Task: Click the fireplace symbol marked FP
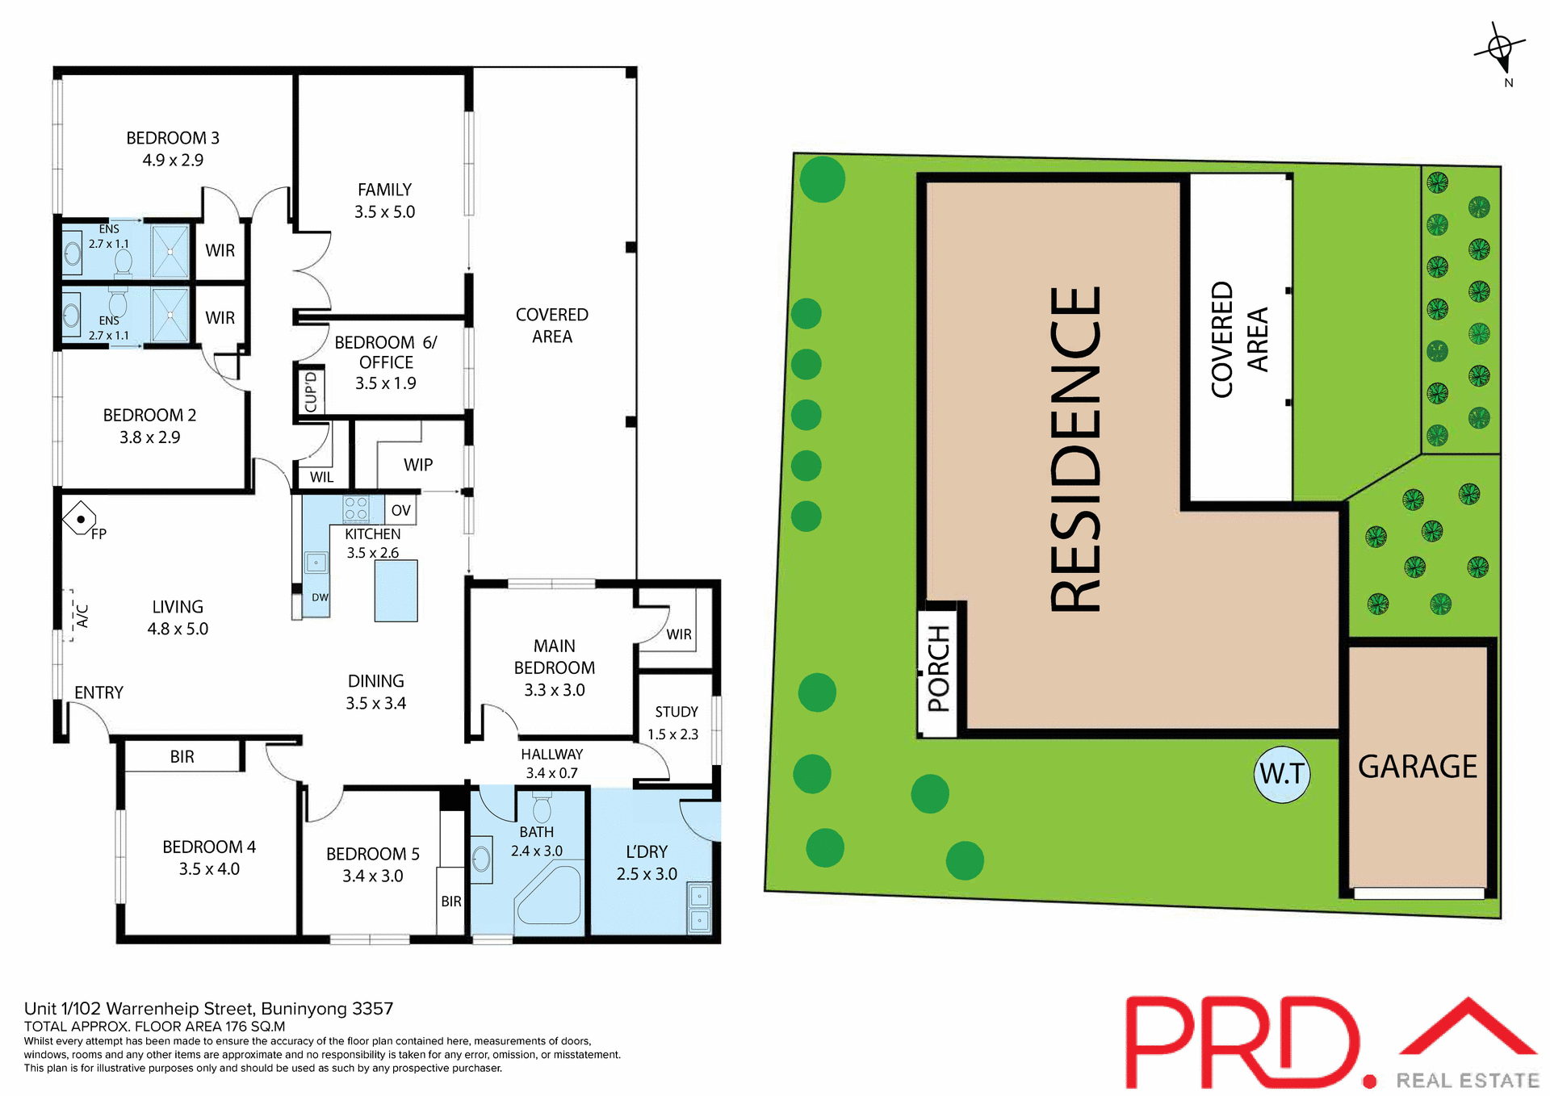(x=80, y=519)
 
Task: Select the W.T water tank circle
(x=1282, y=774)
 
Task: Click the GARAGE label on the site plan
(x=1417, y=767)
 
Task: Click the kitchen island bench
(x=396, y=591)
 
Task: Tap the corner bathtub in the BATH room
(x=550, y=895)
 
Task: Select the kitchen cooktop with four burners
(x=356, y=508)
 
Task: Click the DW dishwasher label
(x=320, y=598)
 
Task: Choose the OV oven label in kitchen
(x=400, y=510)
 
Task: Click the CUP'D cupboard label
(x=310, y=391)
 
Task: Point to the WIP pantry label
(x=418, y=465)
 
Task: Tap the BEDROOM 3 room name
(x=173, y=138)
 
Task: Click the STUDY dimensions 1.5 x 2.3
(x=672, y=734)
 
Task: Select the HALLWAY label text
(x=551, y=754)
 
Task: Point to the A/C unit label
(x=82, y=617)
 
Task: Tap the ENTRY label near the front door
(x=98, y=692)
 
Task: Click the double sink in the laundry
(x=699, y=908)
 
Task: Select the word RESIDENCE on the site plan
(x=1075, y=450)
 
